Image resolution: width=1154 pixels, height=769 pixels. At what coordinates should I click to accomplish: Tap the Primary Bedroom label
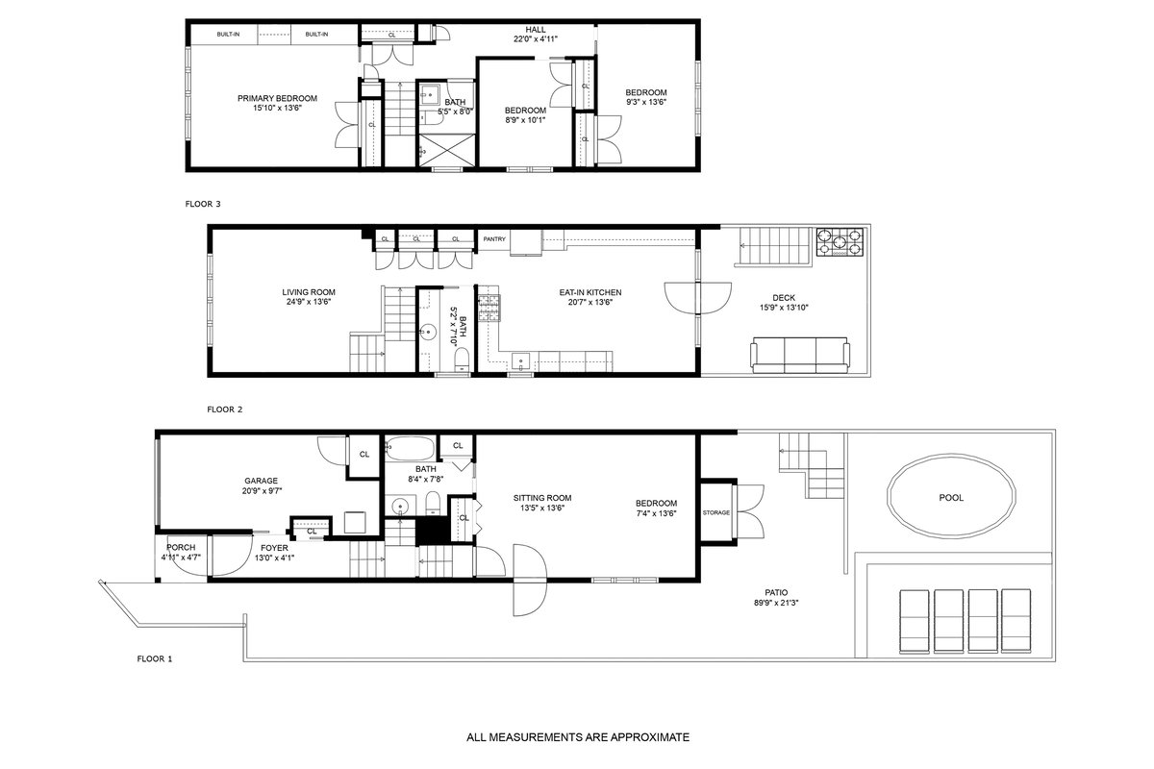point(277,98)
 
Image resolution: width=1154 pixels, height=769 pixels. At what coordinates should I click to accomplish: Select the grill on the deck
point(840,242)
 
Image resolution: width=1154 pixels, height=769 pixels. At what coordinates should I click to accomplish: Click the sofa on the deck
point(799,355)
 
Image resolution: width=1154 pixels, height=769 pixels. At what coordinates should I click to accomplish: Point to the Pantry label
point(494,239)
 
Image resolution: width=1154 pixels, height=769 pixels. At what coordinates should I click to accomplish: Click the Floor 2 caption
point(225,409)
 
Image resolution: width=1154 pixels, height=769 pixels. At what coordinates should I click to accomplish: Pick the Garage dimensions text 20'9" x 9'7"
point(263,491)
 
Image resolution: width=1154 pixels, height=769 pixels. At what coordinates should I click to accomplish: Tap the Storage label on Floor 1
point(716,512)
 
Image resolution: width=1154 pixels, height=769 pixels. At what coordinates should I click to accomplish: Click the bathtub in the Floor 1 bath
point(410,448)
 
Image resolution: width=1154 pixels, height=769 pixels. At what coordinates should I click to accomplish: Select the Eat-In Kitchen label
point(590,292)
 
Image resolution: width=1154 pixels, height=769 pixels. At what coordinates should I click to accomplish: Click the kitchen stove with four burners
point(489,308)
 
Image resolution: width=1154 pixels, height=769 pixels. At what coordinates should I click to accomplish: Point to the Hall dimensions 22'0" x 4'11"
point(536,38)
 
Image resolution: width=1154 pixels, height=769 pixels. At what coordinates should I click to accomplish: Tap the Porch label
point(181,548)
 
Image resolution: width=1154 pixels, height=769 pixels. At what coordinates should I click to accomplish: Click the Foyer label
point(274,548)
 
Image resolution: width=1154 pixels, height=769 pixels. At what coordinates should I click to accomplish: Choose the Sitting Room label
point(542,498)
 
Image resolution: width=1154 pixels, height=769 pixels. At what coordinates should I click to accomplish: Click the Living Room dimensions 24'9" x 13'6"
point(309,302)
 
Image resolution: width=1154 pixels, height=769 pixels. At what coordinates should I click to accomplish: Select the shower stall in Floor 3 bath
point(446,150)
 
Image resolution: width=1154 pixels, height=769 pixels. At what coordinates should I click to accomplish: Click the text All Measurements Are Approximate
point(578,737)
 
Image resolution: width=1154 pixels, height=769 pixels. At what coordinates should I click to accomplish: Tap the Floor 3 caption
point(203,204)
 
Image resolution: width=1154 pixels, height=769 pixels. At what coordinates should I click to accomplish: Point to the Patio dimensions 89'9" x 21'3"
point(776,603)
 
